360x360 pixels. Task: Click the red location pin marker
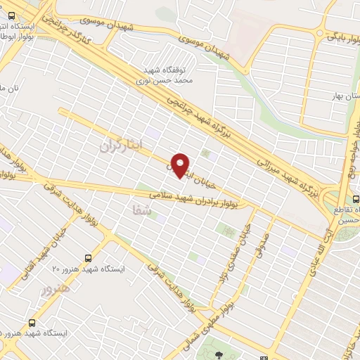coord(181,165)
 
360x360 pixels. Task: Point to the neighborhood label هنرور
coord(56,288)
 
